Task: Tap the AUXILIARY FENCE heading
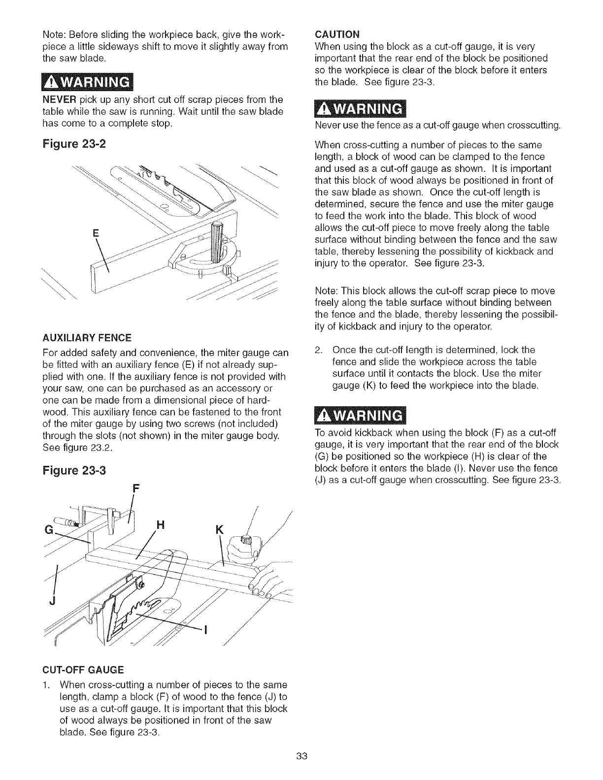pyautogui.click(x=87, y=338)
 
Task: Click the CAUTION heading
pyautogui.click(x=337, y=34)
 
